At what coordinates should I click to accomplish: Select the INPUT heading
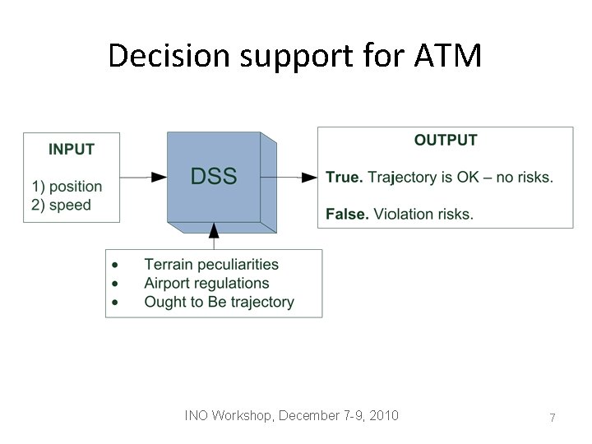click(x=72, y=150)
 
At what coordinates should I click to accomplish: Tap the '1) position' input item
click(x=67, y=187)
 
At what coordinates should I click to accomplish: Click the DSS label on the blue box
click(x=214, y=176)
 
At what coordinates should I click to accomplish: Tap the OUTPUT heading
click(x=445, y=141)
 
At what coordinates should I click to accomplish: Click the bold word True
click(x=344, y=178)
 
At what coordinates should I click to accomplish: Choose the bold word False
click(x=346, y=215)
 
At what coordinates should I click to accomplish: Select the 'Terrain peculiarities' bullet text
click(x=211, y=265)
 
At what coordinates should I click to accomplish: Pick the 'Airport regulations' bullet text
click(x=206, y=283)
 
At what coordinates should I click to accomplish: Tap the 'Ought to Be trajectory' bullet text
click(x=219, y=302)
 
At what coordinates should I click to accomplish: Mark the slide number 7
click(x=553, y=418)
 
